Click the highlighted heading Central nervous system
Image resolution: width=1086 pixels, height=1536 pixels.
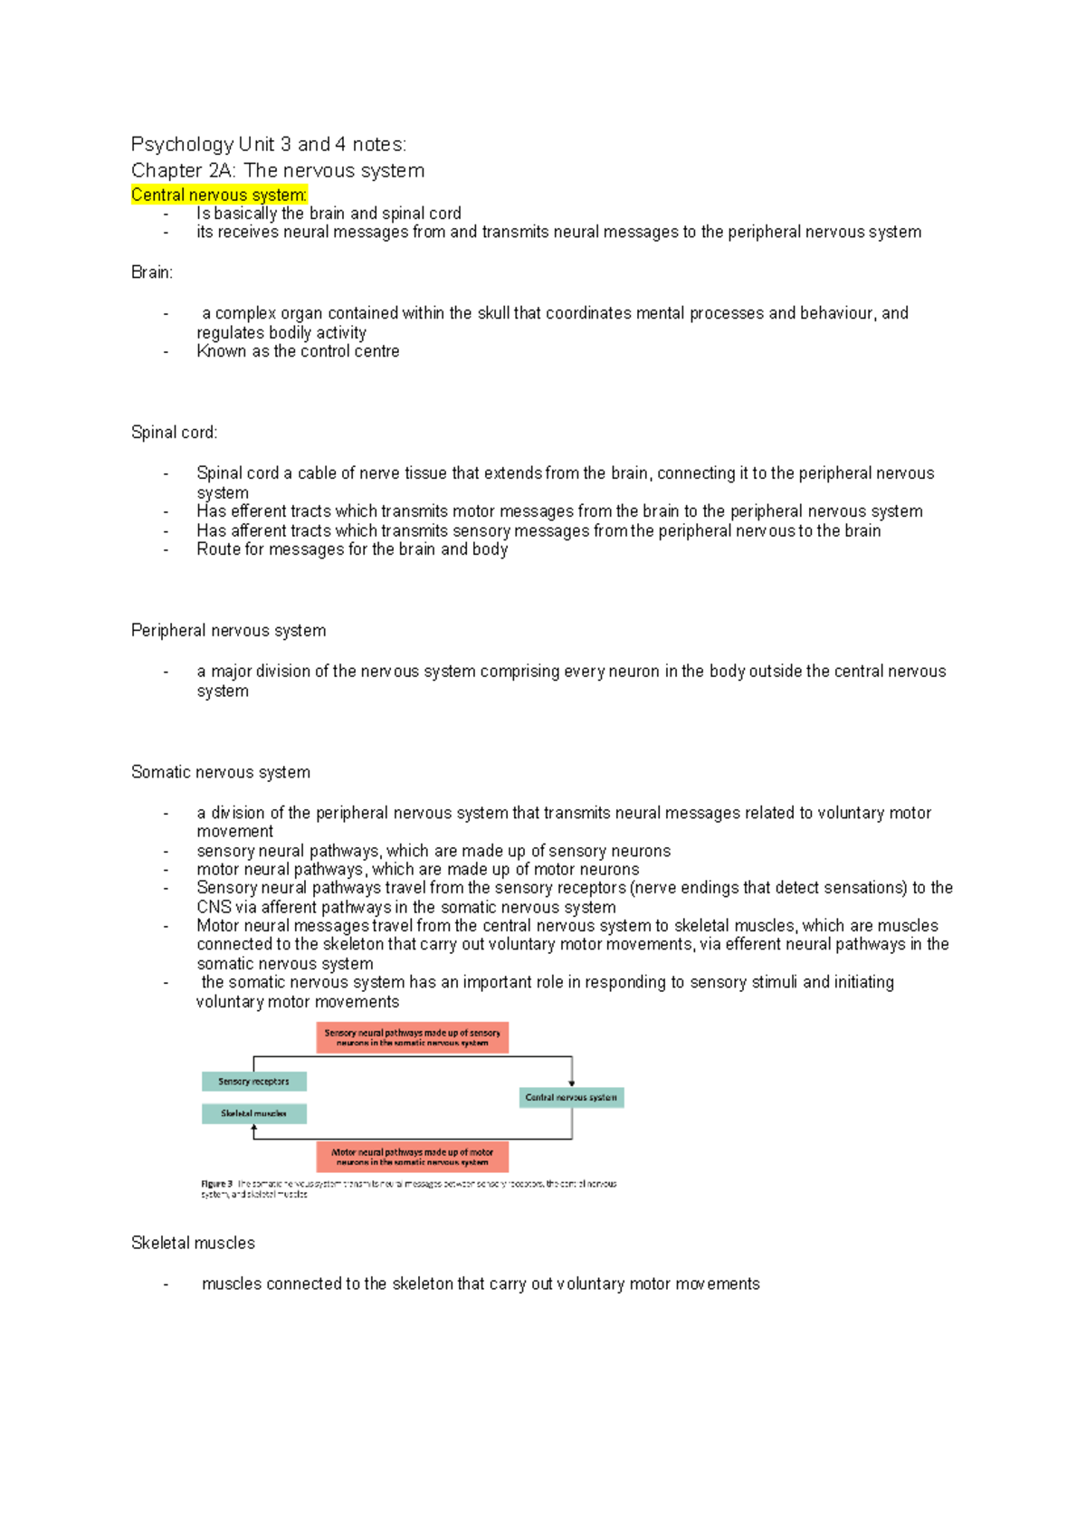219,195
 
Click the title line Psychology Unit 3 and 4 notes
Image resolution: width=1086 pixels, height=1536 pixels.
269,144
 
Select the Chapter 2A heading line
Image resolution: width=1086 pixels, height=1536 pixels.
277,170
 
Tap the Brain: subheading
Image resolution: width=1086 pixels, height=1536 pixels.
151,272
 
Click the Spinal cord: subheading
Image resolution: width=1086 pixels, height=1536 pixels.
174,433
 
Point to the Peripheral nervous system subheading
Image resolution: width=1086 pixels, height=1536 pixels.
228,631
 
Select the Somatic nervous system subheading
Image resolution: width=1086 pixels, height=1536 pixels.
220,772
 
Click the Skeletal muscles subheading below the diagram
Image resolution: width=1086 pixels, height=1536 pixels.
193,1243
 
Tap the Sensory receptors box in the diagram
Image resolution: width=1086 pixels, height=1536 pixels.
253,1082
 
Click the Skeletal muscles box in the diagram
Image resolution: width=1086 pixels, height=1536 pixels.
253,1113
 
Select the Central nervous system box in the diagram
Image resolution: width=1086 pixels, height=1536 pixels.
571,1097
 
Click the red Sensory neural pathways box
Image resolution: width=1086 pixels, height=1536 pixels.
412,1037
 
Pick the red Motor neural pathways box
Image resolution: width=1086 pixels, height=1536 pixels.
412,1157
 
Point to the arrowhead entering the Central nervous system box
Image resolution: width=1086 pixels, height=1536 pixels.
572,1083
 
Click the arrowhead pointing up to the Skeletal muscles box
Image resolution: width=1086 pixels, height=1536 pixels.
254,1128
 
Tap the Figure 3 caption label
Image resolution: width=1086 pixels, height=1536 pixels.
216,1184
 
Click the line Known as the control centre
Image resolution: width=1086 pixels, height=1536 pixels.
298,351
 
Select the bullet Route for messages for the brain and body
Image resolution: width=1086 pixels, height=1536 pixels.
352,549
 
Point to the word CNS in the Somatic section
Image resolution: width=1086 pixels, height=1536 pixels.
214,907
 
